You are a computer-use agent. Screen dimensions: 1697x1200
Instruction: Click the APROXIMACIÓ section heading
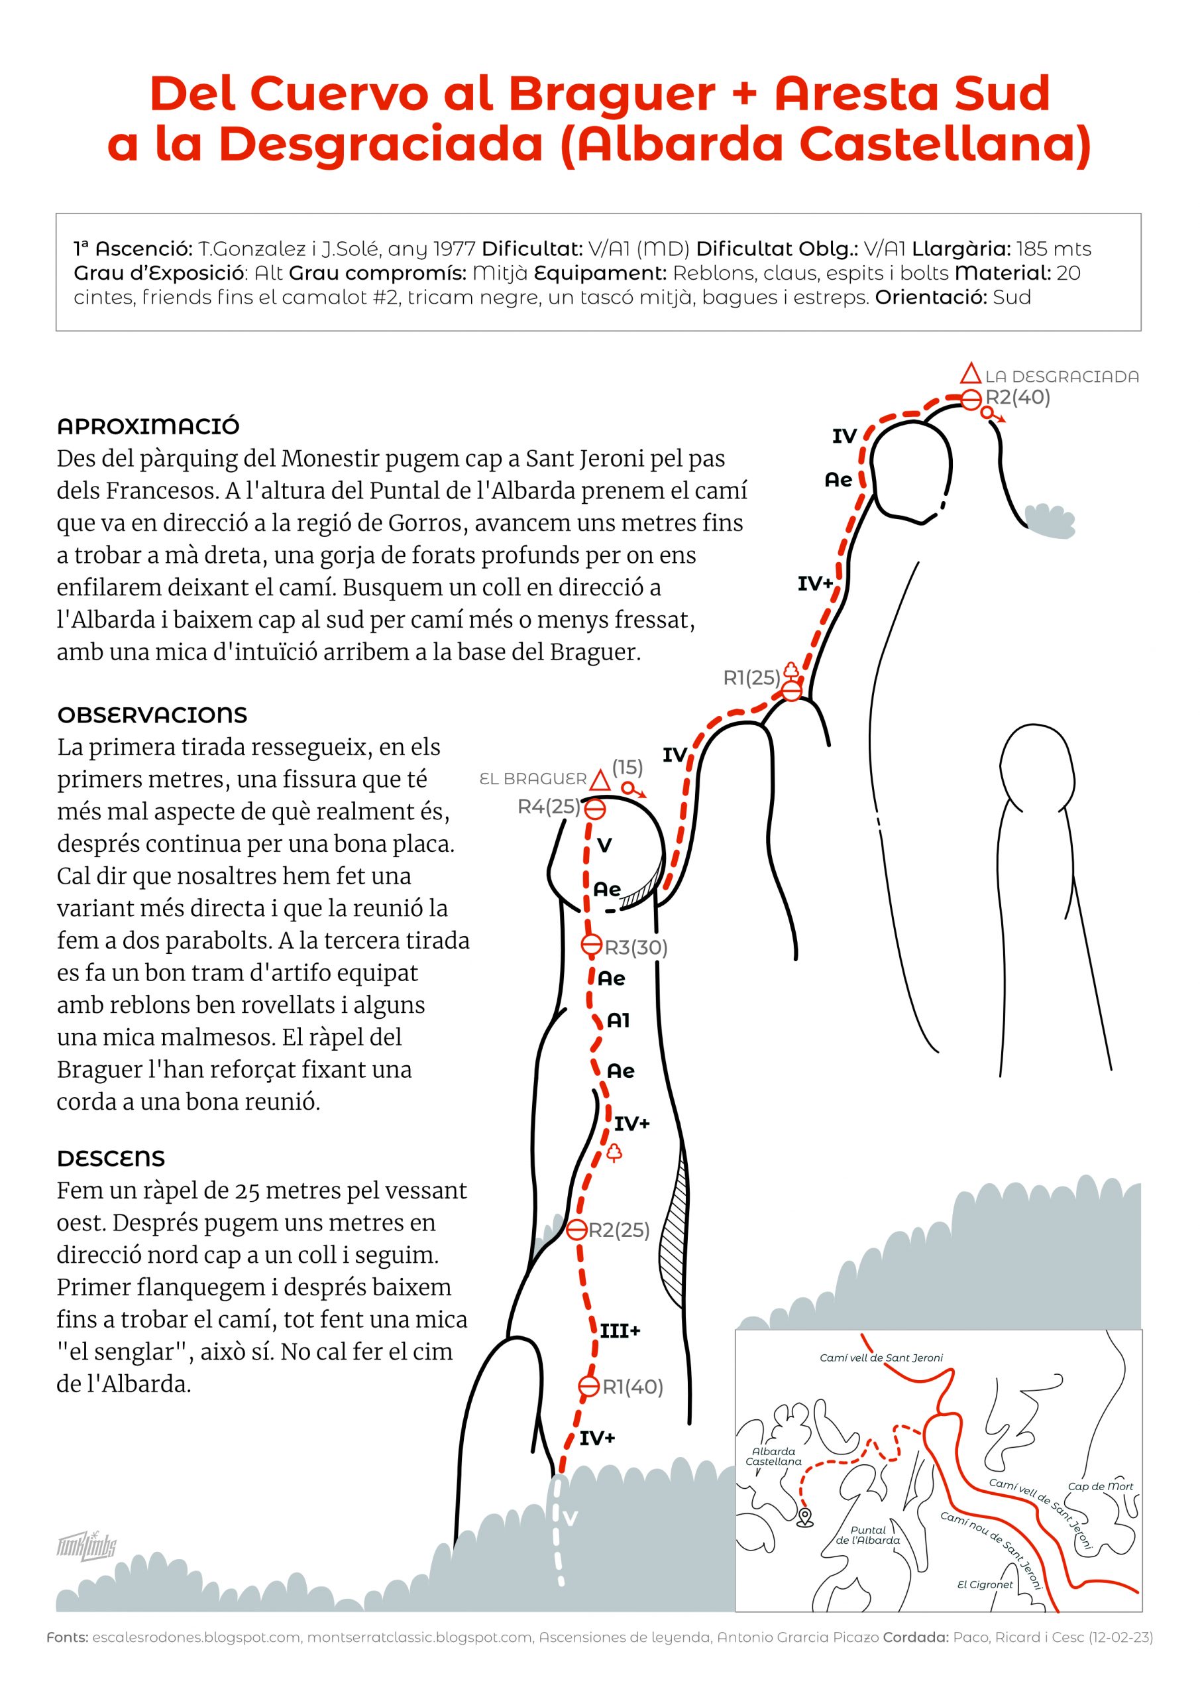[148, 426]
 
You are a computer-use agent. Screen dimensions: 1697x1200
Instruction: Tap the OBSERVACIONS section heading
[152, 715]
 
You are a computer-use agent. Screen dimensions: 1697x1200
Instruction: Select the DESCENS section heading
[111, 1158]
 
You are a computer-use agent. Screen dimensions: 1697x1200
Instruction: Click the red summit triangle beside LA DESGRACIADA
[973, 374]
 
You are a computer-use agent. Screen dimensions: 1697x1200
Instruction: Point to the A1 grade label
[618, 1021]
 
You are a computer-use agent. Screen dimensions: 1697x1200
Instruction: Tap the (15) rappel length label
[627, 766]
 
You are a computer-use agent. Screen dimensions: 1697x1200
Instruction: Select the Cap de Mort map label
[1100, 1486]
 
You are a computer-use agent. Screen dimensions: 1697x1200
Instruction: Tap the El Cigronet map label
[985, 1585]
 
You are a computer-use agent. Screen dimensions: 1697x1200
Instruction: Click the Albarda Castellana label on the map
[774, 1456]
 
